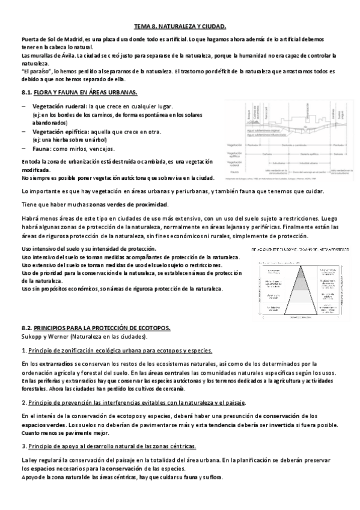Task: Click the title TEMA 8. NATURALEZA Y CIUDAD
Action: pyautogui.click(x=180, y=26)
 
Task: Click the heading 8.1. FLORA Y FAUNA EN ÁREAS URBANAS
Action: pyautogui.click(x=78, y=92)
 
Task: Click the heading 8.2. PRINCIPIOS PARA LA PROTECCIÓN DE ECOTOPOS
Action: pyautogui.click(x=96, y=327)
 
